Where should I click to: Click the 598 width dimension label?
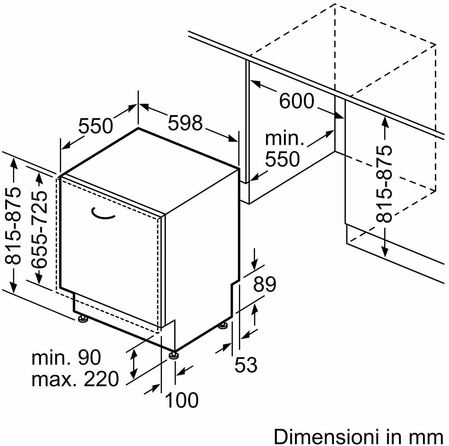point(185,123)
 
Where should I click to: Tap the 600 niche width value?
point(297,101)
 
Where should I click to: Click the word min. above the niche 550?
point(285,138)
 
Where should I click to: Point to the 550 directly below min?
point(282,159)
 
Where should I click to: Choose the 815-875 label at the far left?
point(13,226)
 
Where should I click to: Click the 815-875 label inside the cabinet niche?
point(384,184)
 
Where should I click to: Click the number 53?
point(246,365)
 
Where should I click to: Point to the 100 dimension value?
point(182,400)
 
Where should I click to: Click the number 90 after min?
point(90,357)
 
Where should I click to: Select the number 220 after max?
point(101,379)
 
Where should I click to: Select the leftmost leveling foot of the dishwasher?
point(83,319)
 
